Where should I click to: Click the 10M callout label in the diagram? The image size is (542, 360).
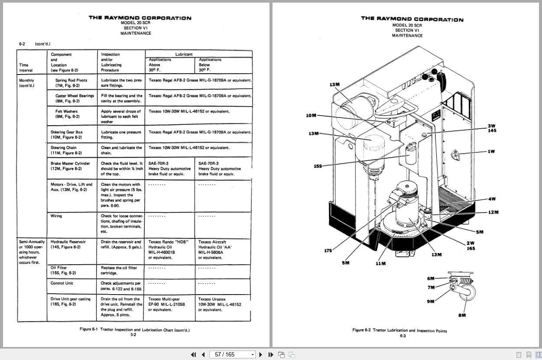click(x=311, y=115)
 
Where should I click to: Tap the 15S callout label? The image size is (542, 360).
click(x=318, y=166)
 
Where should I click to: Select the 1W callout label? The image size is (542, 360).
click(x=491, y=152)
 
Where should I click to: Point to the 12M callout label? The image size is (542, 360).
click(x=493, y=212)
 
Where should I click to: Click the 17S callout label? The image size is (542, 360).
click(x=328, y=250)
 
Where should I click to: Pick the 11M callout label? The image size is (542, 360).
click(x=380, y=263)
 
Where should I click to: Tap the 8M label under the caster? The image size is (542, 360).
click(x=462, y=315)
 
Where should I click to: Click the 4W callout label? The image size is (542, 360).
click(x=491, y=199)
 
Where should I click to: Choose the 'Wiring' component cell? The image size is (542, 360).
click(x=56, y=216)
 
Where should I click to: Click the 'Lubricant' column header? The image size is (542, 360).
click(x=184, y=55)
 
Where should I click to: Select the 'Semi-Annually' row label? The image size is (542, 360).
click(x=32, y=242)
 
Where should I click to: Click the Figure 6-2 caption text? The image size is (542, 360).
click(x=399, y=330)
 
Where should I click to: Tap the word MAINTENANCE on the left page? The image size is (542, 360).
click(x=136, y=33)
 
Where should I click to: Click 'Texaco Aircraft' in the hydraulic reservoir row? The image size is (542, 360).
click(x=212, y=242)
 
